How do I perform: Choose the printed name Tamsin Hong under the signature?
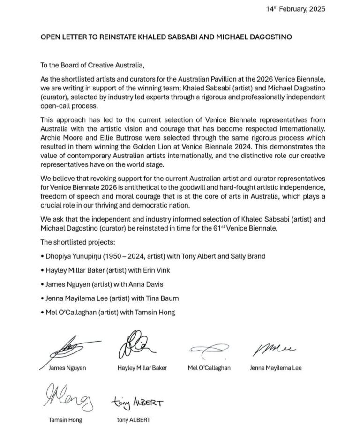click(66, 420)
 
